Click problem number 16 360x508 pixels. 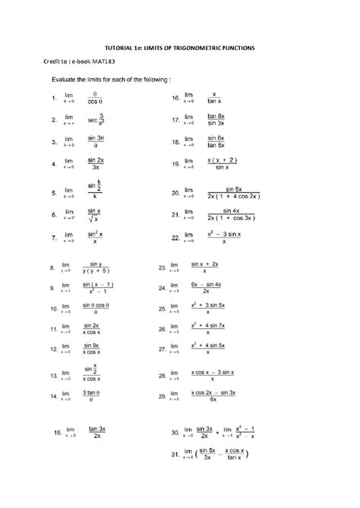click(x=176, y=98)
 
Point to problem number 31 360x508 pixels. click(x=175, y=476)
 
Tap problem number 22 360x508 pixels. click(x=175, y=238)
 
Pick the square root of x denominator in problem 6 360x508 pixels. click(x=94, y=220)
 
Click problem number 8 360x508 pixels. click(x=53, y=268)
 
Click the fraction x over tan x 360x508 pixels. click(x=215, y=98)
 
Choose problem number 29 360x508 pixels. click(x=163, y=396)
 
